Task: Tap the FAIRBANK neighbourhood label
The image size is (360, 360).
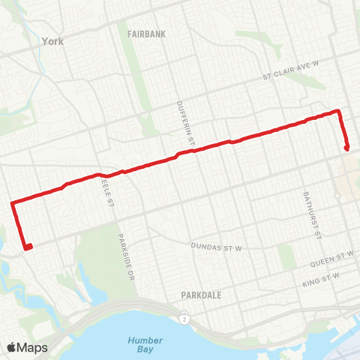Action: tap(144, 34)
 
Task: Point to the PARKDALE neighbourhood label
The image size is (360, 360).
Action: tap(201, 295)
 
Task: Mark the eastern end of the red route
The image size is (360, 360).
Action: tap(347, 148)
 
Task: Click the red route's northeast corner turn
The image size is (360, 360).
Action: tap(339, 112)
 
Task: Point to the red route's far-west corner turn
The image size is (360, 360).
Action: tap(12, 202)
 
